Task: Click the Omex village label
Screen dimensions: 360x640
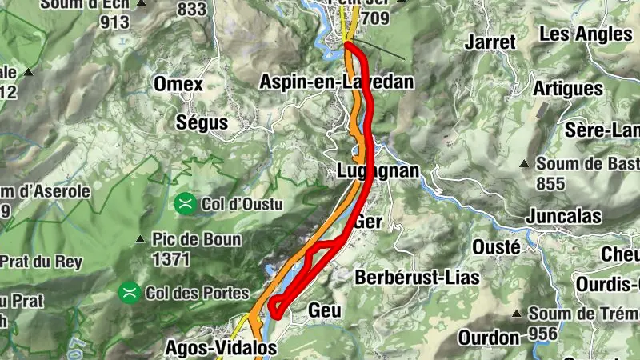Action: pos(178,85)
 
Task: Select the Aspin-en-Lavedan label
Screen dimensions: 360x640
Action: pos(337,82)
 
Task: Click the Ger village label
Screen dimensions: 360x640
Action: pos(369,222)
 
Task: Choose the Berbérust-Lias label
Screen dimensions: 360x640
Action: pos(417,278)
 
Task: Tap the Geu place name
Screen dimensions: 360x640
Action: pos(325,310)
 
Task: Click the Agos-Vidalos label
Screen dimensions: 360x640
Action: pos(221,348)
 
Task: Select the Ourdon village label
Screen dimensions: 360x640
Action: pos(490,338)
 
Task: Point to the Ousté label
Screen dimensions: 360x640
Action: pos(496,246)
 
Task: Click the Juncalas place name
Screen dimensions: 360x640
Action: pos(563,216)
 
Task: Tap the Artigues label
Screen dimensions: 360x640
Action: pos(567,87)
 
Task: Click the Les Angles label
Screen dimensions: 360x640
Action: pos(586,34)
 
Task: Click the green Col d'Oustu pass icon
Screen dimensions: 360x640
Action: pos(185,204)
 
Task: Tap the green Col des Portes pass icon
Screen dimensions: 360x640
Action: pos(128,293)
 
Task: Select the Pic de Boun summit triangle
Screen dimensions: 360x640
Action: pos(140,238)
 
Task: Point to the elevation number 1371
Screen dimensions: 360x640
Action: pos(170,258)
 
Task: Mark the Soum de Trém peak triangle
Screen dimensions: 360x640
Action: pos(517,313)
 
